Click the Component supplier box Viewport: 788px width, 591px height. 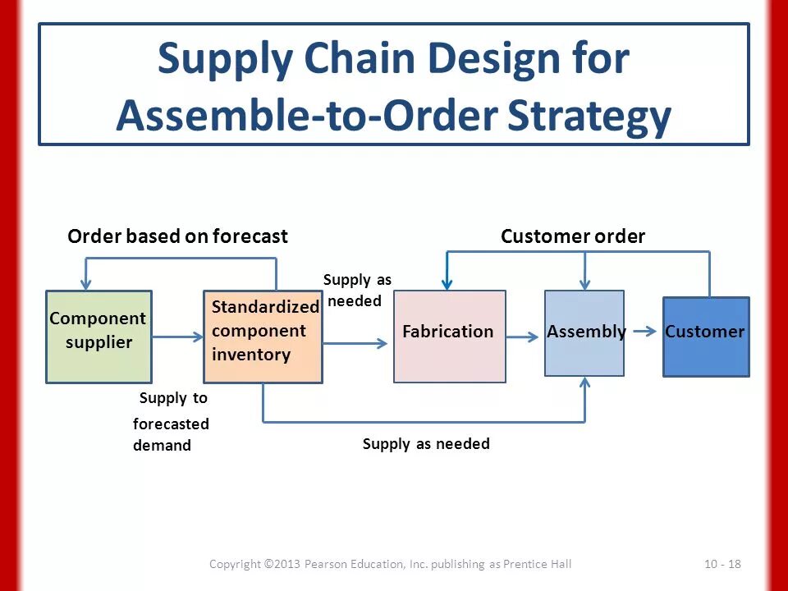coord(98,337)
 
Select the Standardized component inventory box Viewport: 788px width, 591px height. coord(263,337)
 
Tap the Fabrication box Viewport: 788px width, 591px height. coord(449,337)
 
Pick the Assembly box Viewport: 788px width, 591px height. coord(584,333)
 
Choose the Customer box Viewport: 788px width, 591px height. coord(706,337)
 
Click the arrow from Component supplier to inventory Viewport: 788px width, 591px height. coord(177,337)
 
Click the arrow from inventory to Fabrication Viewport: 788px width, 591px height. coord(355,343)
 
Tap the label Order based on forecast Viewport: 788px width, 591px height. coord(177,237)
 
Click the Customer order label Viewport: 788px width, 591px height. coord(573,237)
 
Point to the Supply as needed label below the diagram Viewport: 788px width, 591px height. coord(426,444)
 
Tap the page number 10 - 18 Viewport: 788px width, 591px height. coord(722,564)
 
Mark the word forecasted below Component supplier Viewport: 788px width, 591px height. coord(171,424)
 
